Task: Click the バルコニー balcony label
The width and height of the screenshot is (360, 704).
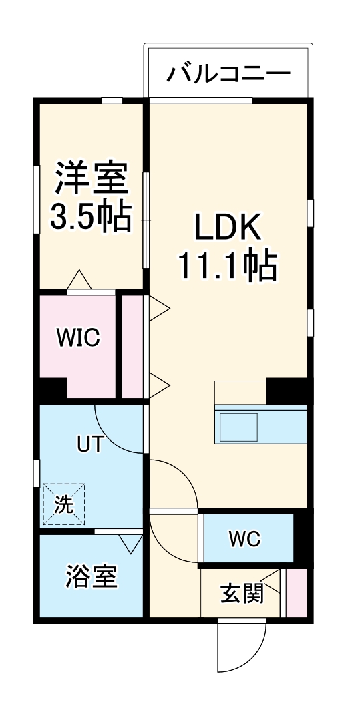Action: point(228,72)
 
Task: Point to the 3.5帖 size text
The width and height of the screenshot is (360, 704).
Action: point(90,215)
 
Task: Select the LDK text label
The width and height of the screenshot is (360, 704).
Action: point(226,230)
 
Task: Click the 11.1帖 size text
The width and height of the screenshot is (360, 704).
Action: point(226,267)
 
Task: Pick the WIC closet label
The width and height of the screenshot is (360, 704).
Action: point(77,339)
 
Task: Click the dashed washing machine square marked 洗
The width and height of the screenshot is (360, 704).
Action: point(64,504)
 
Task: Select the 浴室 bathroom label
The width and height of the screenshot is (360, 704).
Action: point(91,576)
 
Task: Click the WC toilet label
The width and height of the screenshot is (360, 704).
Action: point(245,538)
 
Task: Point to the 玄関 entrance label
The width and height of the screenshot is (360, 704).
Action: point(242,592)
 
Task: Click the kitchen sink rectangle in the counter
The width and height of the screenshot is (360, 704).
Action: point(239,426)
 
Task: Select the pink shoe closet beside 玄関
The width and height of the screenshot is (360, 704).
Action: point(297,593)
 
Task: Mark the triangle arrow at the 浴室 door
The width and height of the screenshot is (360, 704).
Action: point(130,543)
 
